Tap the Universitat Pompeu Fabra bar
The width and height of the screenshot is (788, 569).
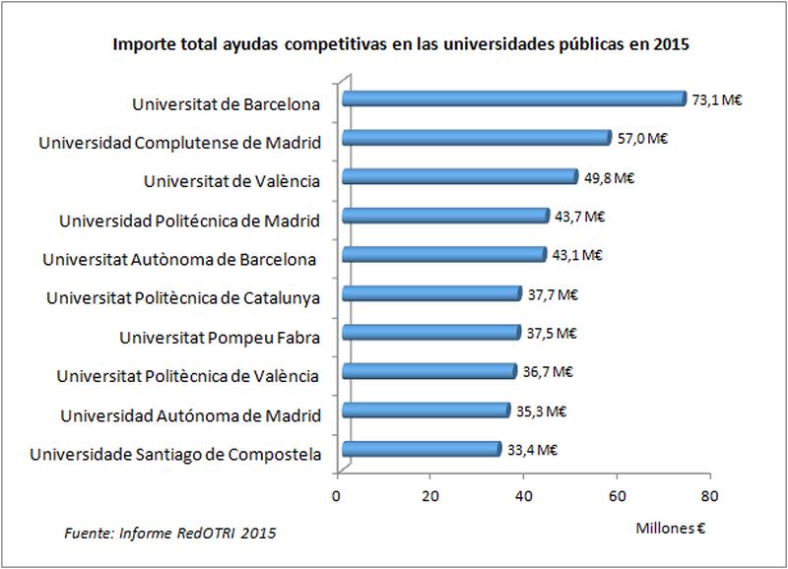(429, 333)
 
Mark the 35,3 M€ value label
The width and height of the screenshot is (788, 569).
(541, 411)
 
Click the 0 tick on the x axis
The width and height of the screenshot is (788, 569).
(338, 495)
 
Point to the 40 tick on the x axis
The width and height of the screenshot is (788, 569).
(523, 495)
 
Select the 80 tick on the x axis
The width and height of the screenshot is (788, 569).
(709, 495)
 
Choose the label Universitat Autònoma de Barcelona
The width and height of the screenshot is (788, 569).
(179, 259)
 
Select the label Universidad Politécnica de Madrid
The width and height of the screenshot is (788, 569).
(189, 220)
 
